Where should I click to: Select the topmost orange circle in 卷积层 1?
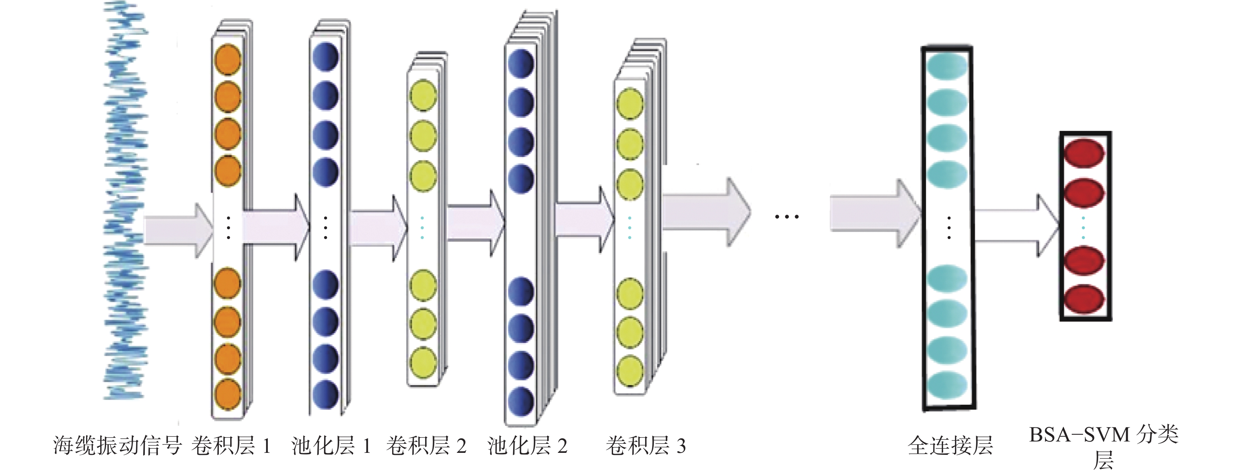point(228,60)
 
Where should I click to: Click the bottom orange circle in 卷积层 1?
point(228,394)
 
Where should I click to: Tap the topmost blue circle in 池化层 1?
point(326,57)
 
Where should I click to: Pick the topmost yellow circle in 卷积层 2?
point(423,95)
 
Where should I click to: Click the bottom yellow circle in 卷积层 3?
point(629,371)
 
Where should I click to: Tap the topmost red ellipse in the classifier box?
point(1083,153)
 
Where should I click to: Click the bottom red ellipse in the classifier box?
point(1083,299)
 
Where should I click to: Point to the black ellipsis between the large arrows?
point(786,217)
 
